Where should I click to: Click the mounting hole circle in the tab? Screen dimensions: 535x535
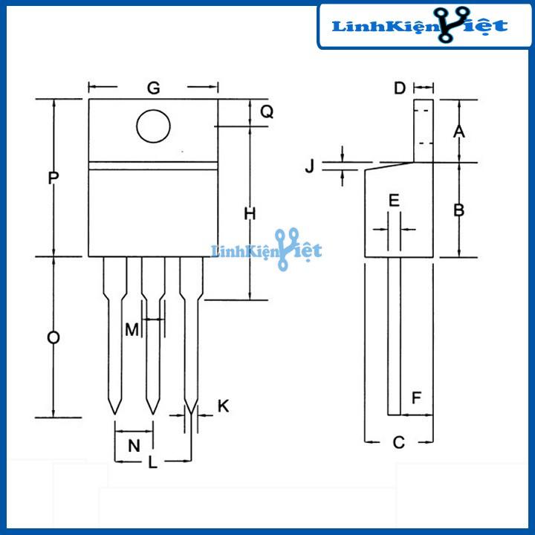[x=153, y=126]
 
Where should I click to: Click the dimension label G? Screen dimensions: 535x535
[x=153, y=88]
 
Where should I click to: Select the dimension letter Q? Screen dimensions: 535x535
[x=267, y=112]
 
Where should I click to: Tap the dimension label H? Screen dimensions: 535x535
[x=250, y=214]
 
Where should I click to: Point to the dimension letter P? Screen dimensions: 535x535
[x=53, y=178]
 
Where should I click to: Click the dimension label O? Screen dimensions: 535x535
[x=53, y=338]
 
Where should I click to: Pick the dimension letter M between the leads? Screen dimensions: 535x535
[x=132, y=329]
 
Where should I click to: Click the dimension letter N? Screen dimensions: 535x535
[x=134, y=446]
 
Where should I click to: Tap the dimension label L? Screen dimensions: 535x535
[x=153, y=462]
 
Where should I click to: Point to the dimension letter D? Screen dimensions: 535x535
[x=400, y=89]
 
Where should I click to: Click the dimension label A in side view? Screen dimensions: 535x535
[x=459, y=132]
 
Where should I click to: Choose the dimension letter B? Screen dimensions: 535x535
[x=459, y=210]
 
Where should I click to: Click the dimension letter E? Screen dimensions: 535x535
[x=395, y=200]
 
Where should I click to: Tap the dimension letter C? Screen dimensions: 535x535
[x=398, y=443]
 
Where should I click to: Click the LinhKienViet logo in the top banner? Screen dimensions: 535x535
[x=420, y=26]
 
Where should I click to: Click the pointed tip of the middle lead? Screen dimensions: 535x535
[x=153, y=412]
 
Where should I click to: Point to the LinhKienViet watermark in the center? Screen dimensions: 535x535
[x=267, y=250]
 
